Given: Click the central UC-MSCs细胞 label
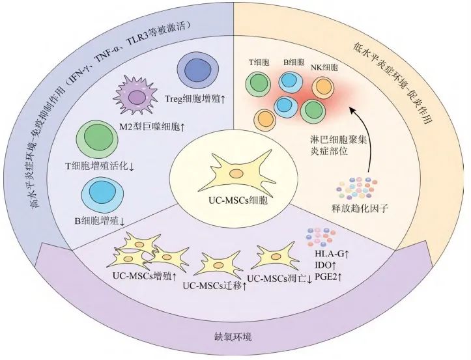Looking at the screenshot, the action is [238, 201].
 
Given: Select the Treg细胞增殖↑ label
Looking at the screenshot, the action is [195, 99].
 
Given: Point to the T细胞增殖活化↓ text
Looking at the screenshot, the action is [100, 166].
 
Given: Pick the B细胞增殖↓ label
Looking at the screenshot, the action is [100, 221].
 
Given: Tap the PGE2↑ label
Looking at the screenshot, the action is [328, 277].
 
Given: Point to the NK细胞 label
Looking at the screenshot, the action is [324, 68].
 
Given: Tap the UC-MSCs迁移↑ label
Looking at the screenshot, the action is [215, 286].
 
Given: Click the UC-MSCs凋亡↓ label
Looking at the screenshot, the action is [280, 279].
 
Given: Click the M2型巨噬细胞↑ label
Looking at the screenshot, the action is [152, 128].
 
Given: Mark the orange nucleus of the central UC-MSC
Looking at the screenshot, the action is [236, 174].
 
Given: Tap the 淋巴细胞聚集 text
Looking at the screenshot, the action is [339, 140].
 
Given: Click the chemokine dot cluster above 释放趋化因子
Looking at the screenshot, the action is [357, 189].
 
